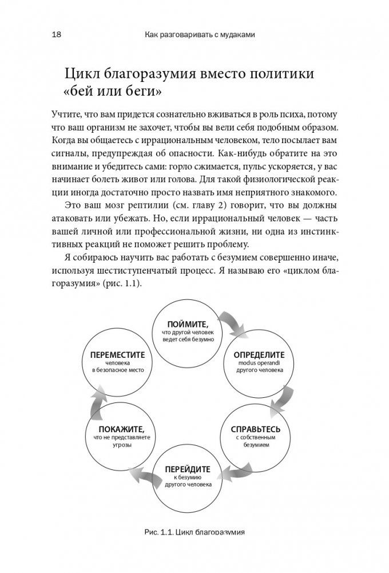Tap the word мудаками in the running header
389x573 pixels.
pyautogui.click(x=231, y=35)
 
